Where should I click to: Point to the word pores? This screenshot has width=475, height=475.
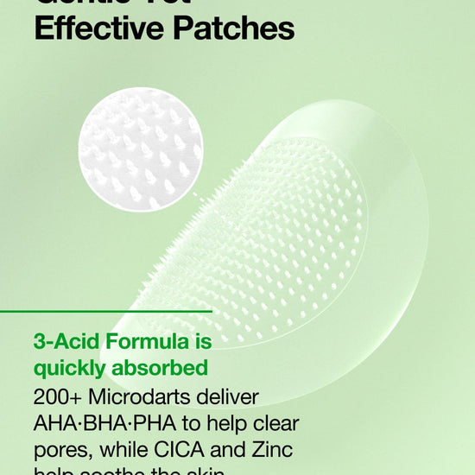point(60,450)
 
